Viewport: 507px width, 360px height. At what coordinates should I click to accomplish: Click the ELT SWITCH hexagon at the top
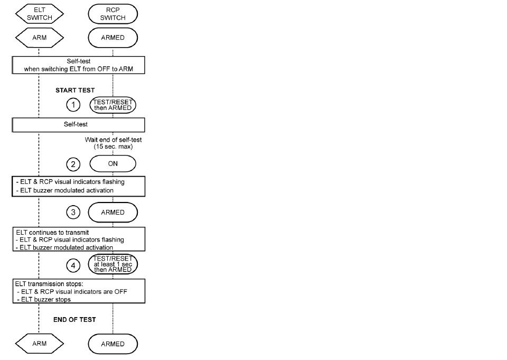[x=39, y=14]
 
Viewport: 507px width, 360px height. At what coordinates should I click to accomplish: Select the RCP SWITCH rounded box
[x=113, y=14]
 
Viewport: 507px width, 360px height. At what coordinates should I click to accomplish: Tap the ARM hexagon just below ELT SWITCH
[x=39, y=38]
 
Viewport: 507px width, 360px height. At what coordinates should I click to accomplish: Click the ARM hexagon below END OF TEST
[x=39, y=344]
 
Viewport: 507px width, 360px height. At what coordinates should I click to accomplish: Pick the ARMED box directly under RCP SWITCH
[x=113, y=38]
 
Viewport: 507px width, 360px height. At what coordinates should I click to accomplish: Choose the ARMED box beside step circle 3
[x=113, y=213]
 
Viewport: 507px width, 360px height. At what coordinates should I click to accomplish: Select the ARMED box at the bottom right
[x=113, y=344]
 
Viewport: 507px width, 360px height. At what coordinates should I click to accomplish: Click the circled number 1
[x=73, y=105]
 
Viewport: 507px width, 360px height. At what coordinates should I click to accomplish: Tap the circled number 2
[x=73, y=164]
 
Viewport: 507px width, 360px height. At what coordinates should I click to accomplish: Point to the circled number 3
[x=73, y=213]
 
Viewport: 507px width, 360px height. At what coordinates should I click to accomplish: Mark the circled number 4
[x=73, y=264]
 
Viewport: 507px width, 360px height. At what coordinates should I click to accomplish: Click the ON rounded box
[x=113, y=164]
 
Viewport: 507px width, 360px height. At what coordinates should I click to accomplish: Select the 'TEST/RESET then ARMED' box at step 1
[x=113, y=105]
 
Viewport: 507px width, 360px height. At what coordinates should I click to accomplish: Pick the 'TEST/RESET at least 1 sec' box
[x=113, y=264]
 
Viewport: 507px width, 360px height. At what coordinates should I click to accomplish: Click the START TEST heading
[x=75, y=90]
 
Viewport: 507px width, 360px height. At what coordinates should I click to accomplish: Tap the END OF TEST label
[x=74, y=320]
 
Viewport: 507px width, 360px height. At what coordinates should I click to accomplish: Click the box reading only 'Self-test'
[x=78, y=125]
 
